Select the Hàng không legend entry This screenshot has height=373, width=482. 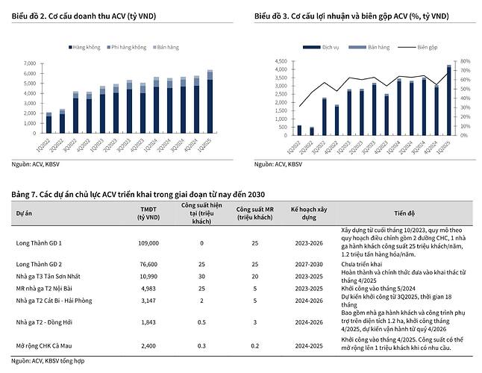pyautogui.click(x=87, y=47)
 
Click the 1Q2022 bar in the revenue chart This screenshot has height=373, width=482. pyautogui.click(x=48, y=124)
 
